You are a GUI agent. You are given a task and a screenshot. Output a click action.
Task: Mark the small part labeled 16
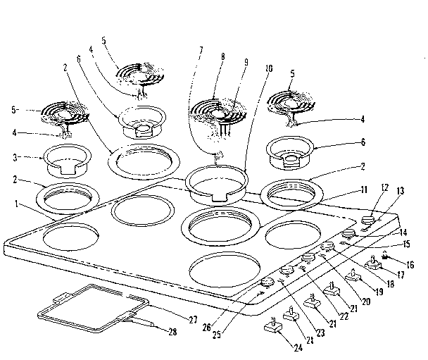point(386,254)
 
